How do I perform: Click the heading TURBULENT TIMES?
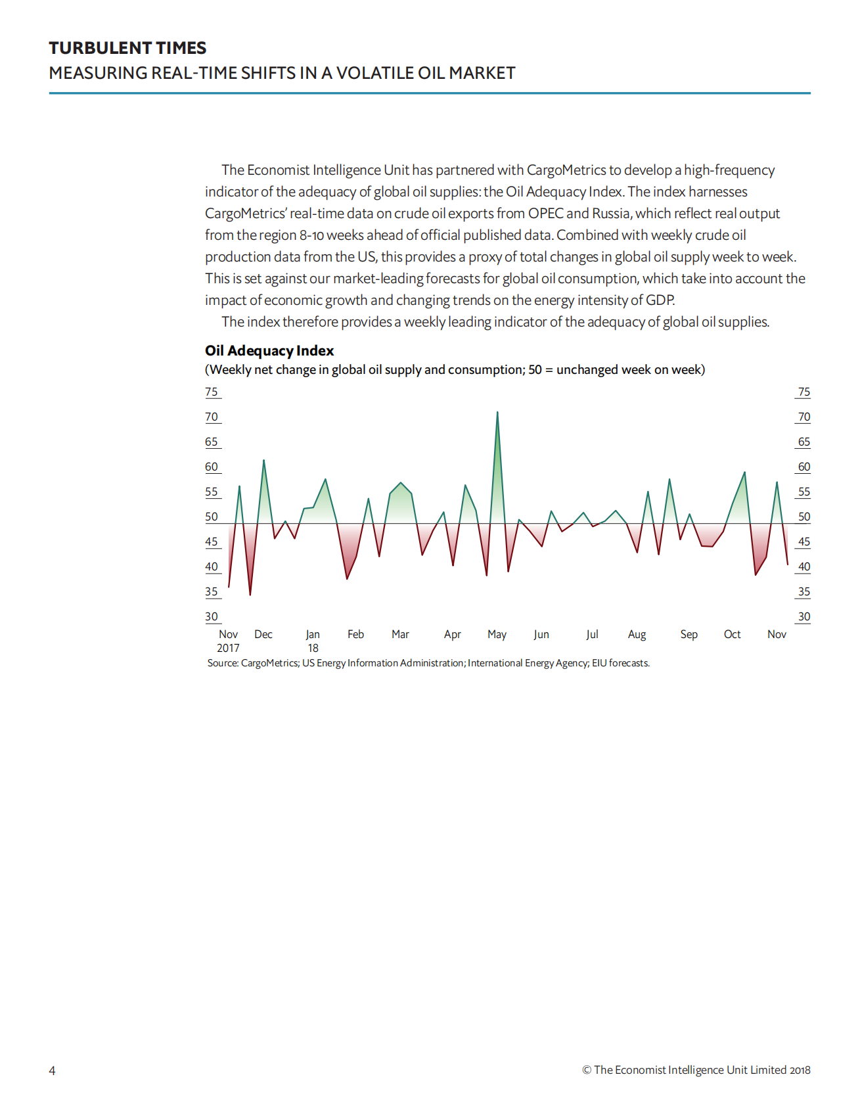click(x=127, y=48)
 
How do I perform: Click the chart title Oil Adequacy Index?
click(x=269, y=351)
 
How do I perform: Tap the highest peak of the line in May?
click(x=497, y=413)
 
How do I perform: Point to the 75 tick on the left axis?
click(x=212, y=392)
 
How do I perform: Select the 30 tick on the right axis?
click(x=804, y=617)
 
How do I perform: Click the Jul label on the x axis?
click(x=592, y=634)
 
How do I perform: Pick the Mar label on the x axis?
click(x=400, y=634)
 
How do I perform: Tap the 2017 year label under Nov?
click(x=228, y=648)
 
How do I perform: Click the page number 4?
click(x=53, y=1071)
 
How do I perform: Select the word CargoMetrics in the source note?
click(x=269, y=663)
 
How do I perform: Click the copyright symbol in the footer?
click(x=587, y=1070)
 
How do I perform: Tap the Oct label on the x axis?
click(x=732, y=634)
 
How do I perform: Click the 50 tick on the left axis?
click(x=212, y=517)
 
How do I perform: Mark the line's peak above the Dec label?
click(x=263, y=460)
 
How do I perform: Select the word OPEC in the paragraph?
click(x=545, y=214)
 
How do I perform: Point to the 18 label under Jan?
click(x=313, y=648)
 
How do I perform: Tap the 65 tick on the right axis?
click(x=804, y=442)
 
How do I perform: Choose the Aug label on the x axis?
click(x=637, y=634)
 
